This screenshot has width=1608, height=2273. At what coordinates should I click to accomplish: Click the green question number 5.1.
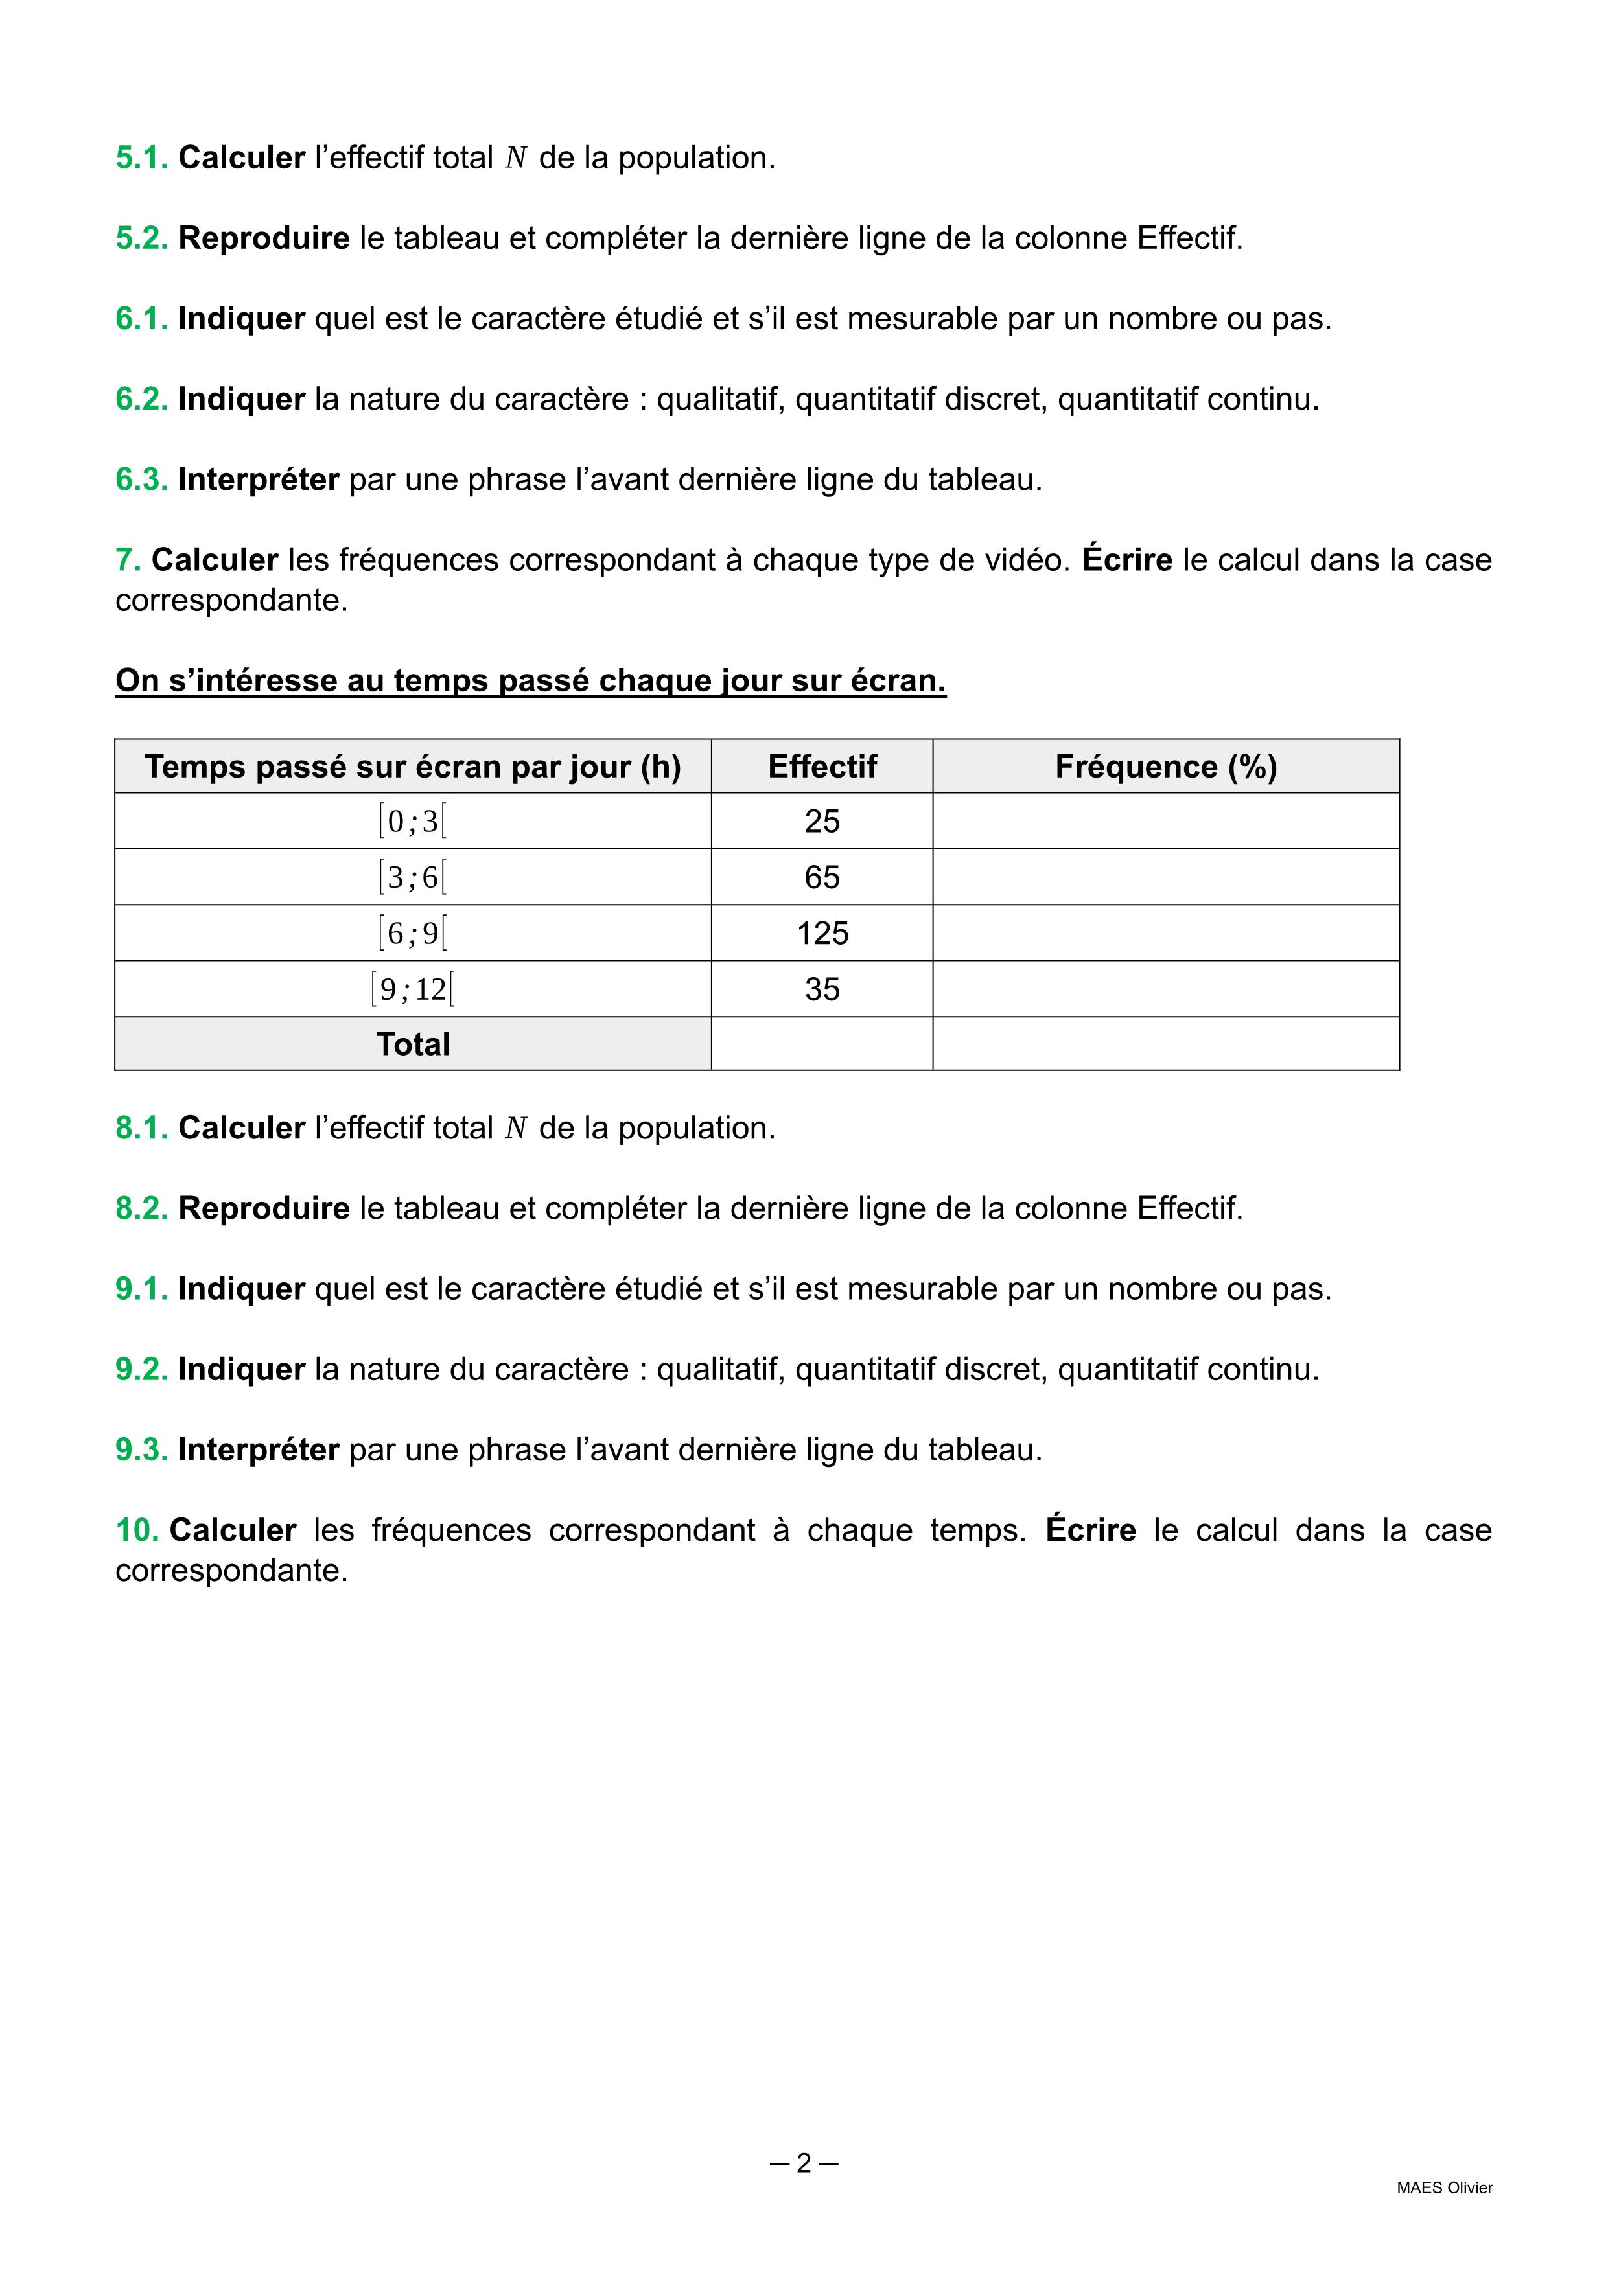141,158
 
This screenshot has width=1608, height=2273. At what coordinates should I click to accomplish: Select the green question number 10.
137,1530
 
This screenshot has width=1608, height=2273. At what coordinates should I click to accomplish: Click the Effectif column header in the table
822,767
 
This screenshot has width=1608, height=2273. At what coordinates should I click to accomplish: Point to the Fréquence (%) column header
1165,767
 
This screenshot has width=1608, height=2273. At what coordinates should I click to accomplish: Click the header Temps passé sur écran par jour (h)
413,767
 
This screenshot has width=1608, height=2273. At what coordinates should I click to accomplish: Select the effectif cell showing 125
822,934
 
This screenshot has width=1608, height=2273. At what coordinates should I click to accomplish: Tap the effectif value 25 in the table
822,822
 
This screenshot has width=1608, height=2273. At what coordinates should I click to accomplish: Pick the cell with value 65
822,877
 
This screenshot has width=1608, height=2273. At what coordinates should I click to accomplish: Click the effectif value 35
822,989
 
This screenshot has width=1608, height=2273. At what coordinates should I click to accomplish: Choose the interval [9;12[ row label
413,989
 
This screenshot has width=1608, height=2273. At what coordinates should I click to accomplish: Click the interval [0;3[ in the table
413,822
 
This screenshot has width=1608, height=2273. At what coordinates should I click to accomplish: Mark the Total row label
413,1044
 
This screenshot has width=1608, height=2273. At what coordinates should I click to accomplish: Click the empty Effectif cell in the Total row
822,1044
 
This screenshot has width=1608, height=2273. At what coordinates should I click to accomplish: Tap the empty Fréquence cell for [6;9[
1165,934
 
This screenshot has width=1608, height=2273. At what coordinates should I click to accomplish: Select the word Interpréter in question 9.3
259,1450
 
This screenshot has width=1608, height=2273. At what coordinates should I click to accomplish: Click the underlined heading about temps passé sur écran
531,681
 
